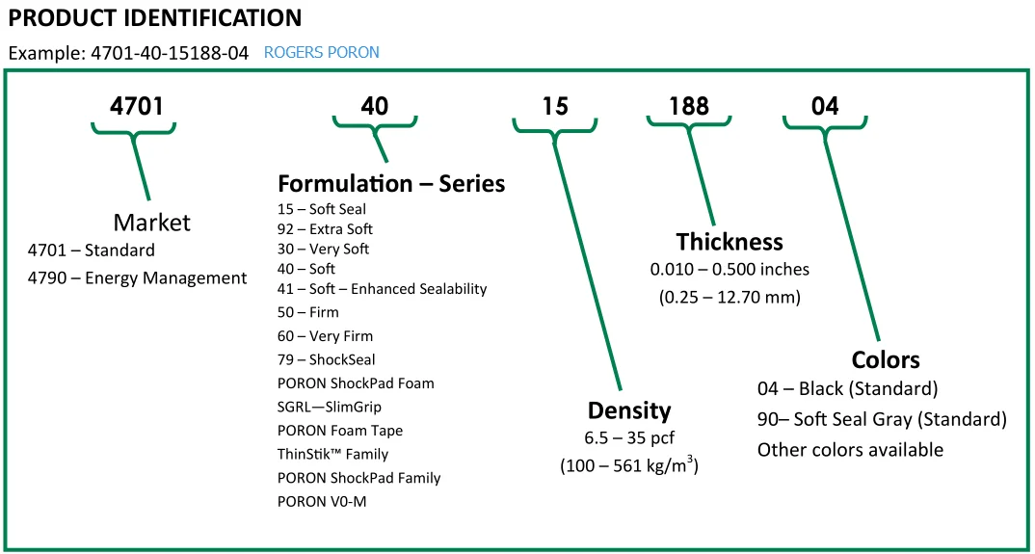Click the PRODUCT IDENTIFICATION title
(x=155, y=18)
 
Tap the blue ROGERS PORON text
(x=321, y=53)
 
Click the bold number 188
(x=688, y=106)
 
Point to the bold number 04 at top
(x=824, y=106)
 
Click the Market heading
(x=151, y=223)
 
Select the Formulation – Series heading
(x=391, y=183)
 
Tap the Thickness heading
(x=729, y=241)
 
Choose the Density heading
(x=629, y=411)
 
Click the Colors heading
(x=885, y=360)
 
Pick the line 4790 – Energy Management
(x=138, y=278)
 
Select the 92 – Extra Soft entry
(x=325, y=229)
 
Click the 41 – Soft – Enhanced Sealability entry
(x=382, y=289)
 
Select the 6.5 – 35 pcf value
(x=628, y=438)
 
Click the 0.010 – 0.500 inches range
(x=730, y=269)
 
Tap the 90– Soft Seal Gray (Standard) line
(x=882, y=419)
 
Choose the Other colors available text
(x=850, y=450)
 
